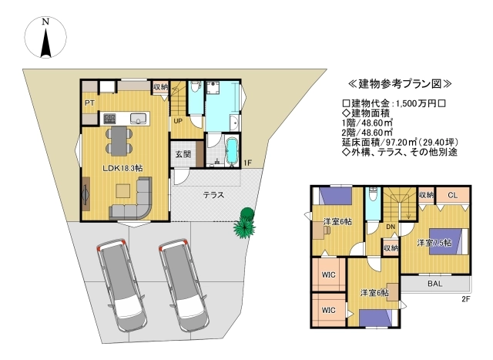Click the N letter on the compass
point(46,22)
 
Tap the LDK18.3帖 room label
point(123,168)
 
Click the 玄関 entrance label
point(183,154)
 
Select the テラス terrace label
point(214,195)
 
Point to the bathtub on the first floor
point(232,150)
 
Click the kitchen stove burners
point(109,119)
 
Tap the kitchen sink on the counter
point(139,119)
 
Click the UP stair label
point(178,121)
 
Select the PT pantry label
point(89,103)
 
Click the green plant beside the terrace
point(244,223)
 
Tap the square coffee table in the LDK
point(123,190)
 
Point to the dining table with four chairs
point(119,140)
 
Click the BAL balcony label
point(434,284)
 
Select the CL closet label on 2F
point(452,195)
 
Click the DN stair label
point(391,227)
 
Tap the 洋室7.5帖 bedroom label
point(434,243)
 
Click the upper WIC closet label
point(329,274)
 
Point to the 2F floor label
point(465,299)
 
